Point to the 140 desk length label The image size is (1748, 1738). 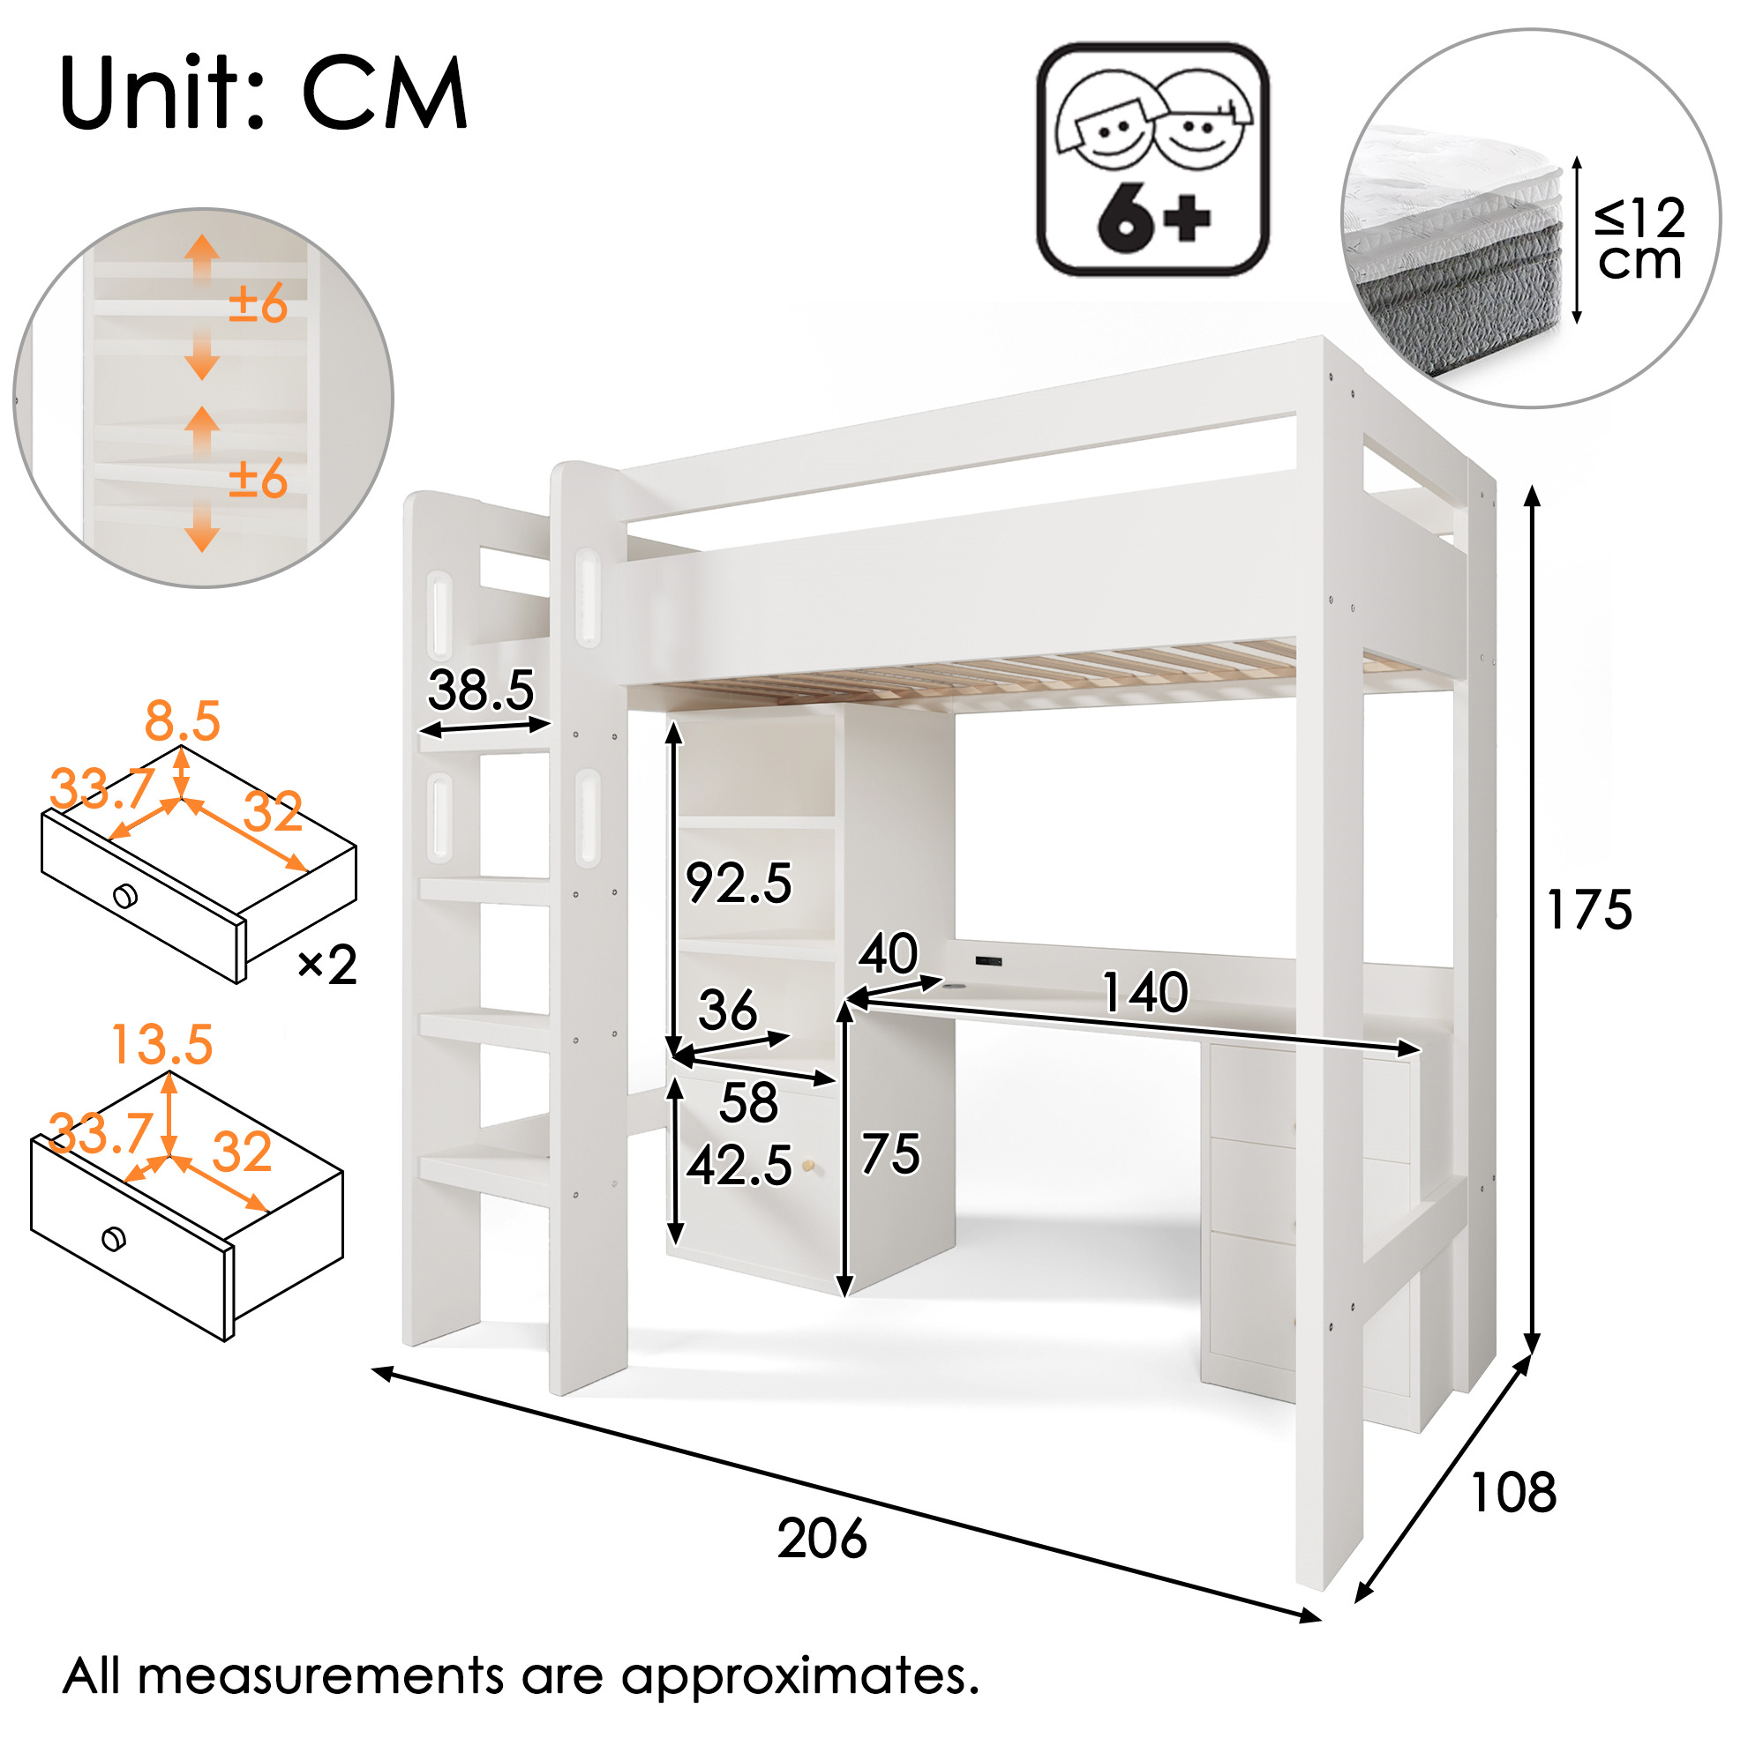tap(1144, 992)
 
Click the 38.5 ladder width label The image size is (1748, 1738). tap(481, 690)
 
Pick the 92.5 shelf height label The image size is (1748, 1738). tap(739, 883)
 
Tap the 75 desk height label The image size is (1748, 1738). tap(890, 1154)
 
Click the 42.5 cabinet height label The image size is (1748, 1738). tap(739, 1165)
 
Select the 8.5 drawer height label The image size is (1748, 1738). tap(183, 720)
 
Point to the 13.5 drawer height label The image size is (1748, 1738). tap(162, 1044)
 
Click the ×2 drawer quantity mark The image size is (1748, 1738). tap(327, 965)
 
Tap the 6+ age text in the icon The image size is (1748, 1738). tap(1153, 218)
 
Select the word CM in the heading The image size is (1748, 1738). tap(385, 93)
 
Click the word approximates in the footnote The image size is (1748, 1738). tap(799, 1675)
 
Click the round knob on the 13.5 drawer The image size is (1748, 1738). tap(114, 1238)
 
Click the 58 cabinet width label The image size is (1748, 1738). tap(748, 1102)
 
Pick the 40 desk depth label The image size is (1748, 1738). tap(888, 953)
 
